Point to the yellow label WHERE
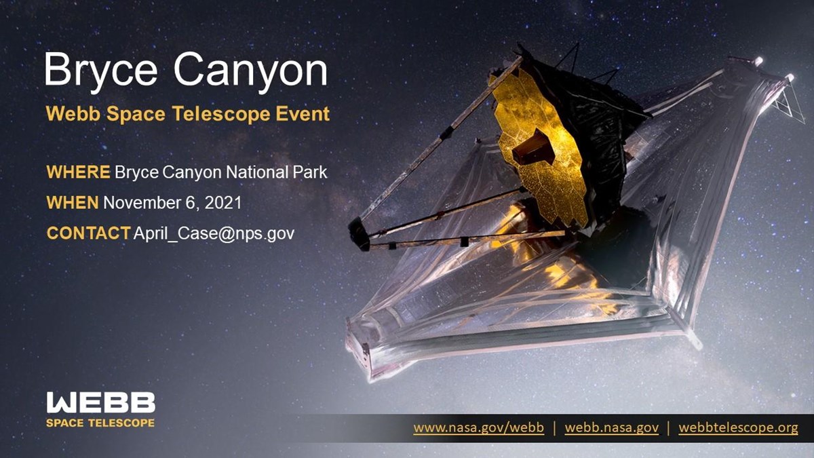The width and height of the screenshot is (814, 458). (78, 172)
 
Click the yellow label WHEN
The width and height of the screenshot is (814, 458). (73, 203)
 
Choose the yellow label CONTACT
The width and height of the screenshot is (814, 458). (88, 233)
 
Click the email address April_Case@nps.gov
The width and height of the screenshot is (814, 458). (214, 233)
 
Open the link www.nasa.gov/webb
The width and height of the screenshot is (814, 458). (478, 428)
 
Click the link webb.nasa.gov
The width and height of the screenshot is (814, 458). (611, 428)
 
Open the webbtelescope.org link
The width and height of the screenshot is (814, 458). (738, 428)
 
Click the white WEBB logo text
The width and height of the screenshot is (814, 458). (100, 403)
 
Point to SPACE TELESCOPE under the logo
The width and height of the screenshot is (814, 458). (100, 423)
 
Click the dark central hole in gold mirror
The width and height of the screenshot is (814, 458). (533, 147)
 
